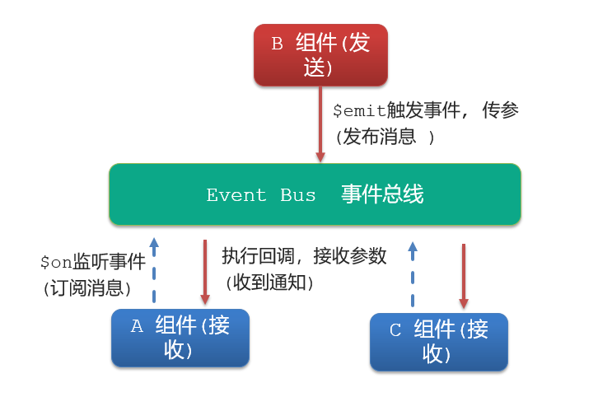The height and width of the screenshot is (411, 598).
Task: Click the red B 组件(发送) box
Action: [x=320, y=54]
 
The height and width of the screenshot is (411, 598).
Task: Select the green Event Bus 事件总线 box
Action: [x=315, y=194]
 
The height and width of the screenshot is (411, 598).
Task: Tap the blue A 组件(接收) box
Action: [x=180, y=338]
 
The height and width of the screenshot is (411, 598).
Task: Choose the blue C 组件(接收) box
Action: [x=438, y=341]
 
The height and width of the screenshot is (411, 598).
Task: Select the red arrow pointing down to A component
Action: [x=204, y=272]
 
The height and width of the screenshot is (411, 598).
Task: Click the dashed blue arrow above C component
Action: [x=413, y=273]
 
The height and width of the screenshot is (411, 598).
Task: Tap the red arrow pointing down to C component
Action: [x=464, y=275]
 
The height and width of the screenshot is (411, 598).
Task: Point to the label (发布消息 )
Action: [x=384, y=137]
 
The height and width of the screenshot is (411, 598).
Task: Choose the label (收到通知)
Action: [x=269, y=282]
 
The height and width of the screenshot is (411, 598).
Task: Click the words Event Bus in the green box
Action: [x=261, y=195]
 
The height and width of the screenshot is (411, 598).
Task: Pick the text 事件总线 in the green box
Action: [x=382, y=194]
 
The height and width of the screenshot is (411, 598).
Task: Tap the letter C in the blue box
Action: [x=395, y=330]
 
